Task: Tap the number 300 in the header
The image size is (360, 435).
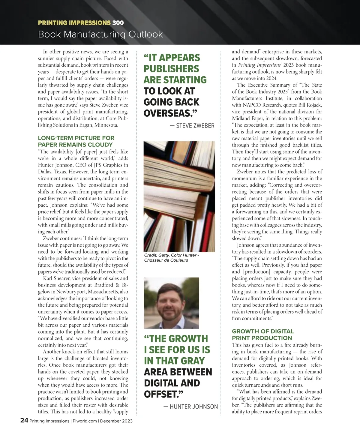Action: coord(118,23)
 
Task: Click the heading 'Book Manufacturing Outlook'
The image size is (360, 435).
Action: coord(100,34)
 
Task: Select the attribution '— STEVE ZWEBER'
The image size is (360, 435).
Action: coord(192,126)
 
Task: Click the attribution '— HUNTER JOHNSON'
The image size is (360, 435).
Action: coord(190,407)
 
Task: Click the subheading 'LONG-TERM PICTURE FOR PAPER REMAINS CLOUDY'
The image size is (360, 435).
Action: coord(76,141)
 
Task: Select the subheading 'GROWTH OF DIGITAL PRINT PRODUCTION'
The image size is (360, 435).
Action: coord(262,334)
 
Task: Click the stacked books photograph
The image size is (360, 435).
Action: coord(179,196)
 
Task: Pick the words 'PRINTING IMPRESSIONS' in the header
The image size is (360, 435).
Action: coord(74,23)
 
